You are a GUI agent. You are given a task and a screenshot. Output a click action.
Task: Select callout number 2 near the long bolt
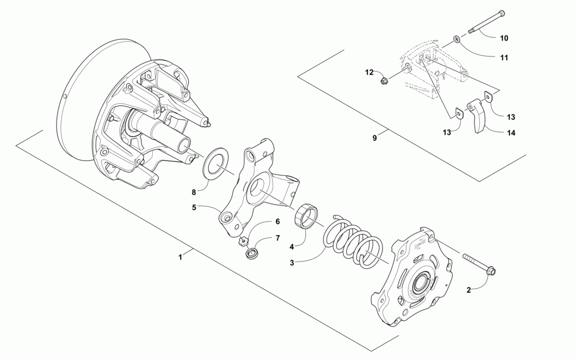pos(468,290)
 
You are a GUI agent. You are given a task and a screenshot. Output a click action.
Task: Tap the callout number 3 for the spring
pos(292,263)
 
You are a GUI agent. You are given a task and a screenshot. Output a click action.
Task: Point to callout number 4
pos(292,247)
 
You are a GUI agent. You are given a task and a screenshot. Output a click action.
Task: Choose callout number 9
pos(374,138)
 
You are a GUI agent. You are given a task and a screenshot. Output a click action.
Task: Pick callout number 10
pos(503,38)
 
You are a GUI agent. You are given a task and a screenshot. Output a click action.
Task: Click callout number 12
pos(369,72)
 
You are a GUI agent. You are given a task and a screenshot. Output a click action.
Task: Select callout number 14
pos(511,133)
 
